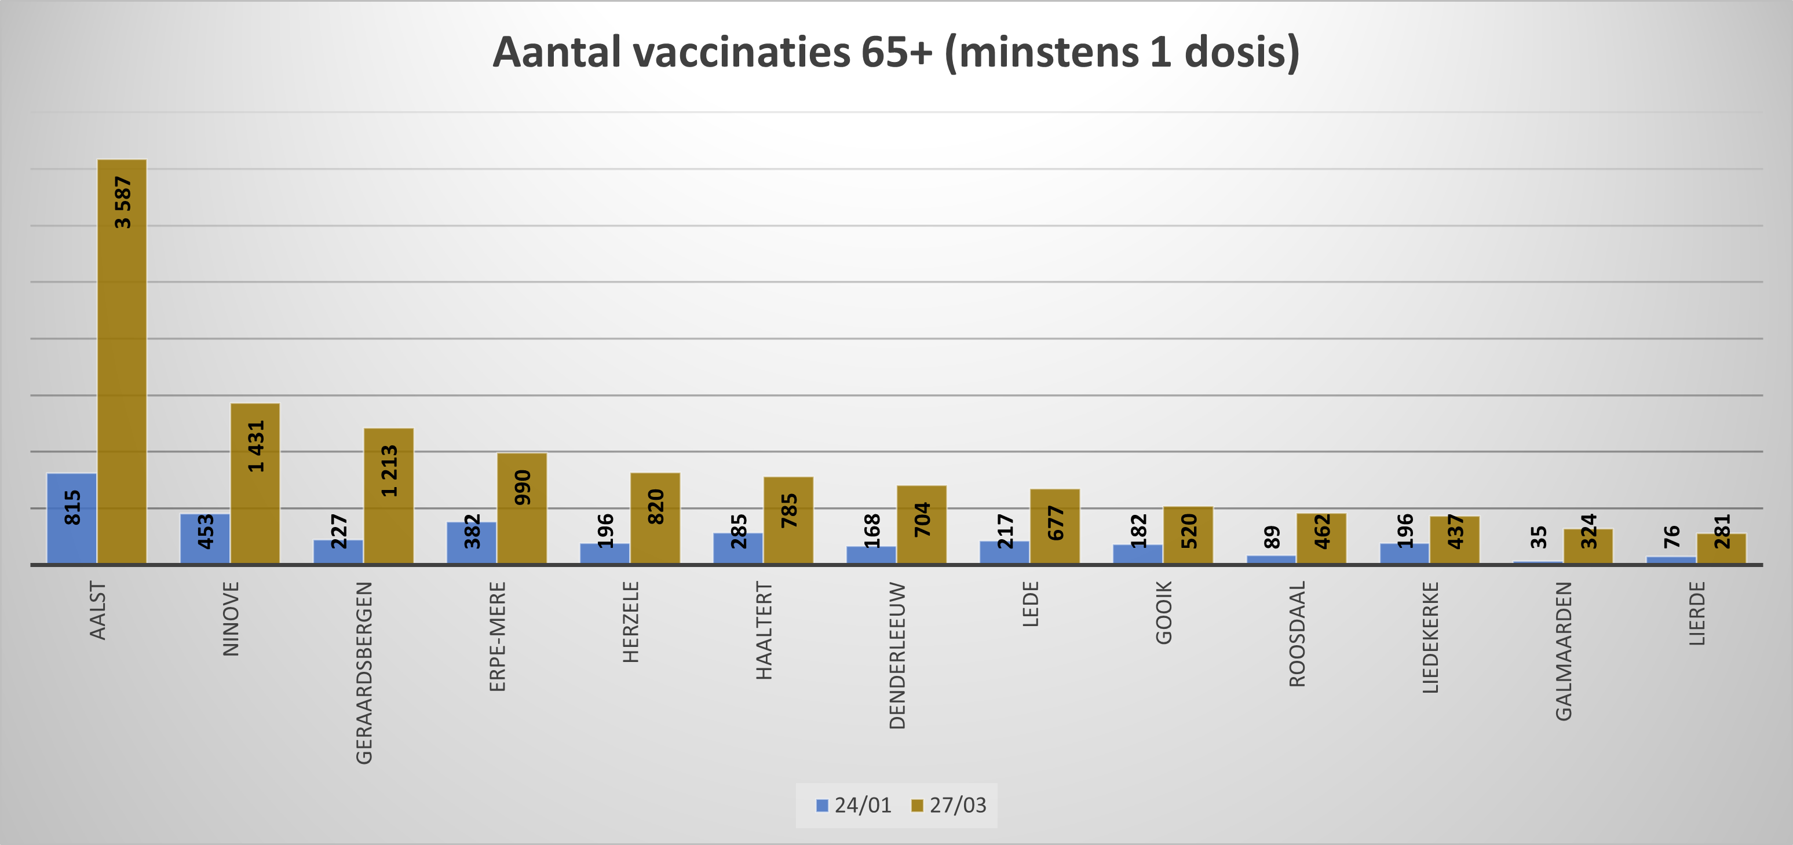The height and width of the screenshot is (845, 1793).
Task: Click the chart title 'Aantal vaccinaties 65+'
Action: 896,53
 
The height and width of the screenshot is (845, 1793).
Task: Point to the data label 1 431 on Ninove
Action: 256,446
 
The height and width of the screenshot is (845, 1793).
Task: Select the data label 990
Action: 523,487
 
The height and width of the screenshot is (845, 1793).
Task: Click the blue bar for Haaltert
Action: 738,550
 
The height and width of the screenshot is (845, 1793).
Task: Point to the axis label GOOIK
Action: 1164,613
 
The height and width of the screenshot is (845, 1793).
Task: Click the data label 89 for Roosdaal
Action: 1272,537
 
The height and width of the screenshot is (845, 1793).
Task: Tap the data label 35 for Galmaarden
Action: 1538,537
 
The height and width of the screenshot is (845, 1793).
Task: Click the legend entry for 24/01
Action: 854,805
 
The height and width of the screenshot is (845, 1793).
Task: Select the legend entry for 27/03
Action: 950,805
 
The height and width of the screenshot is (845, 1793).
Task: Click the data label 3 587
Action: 122,203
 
